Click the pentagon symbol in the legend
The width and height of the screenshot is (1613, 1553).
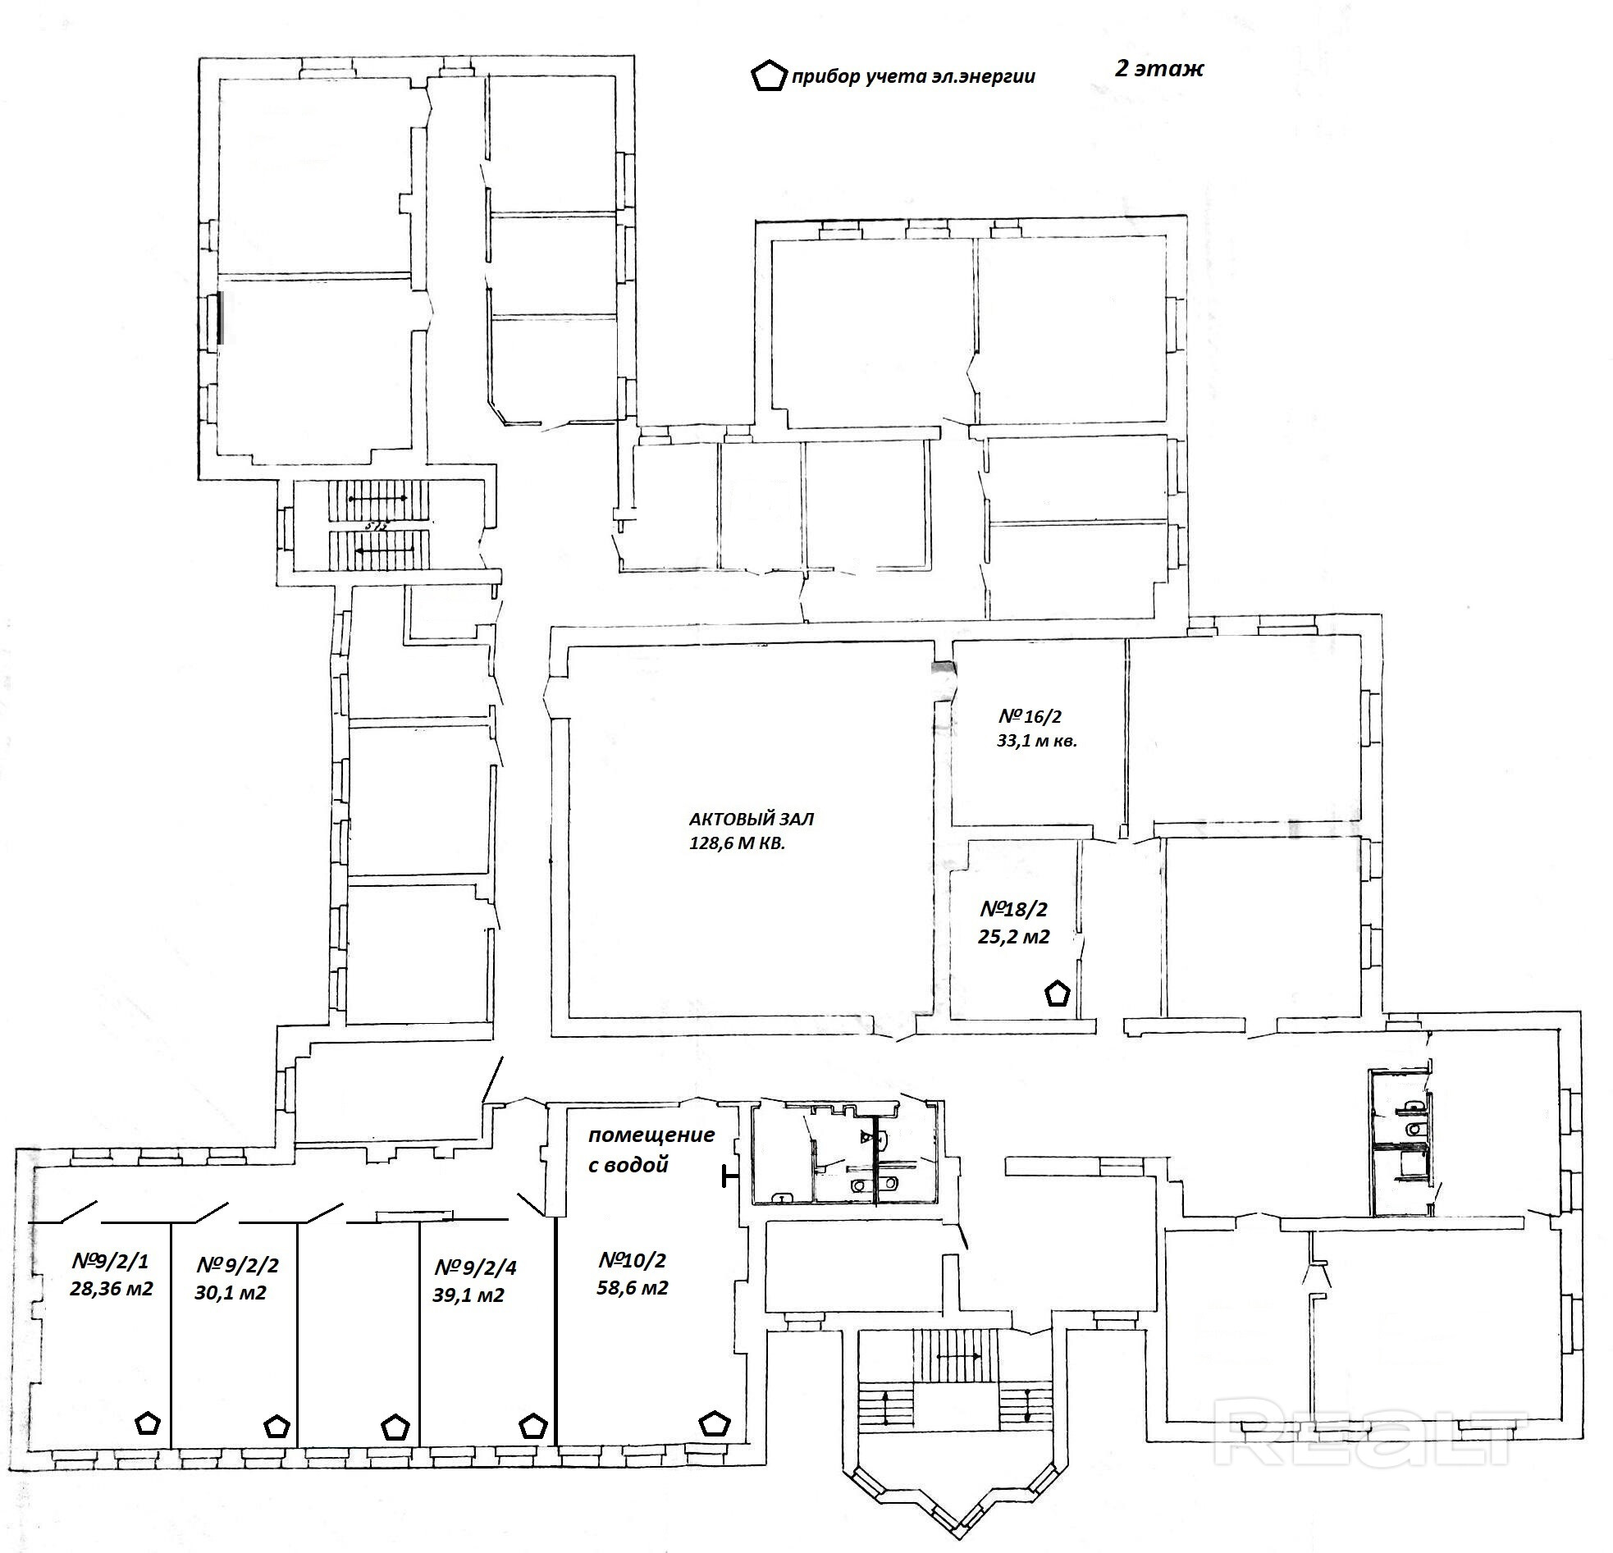769,76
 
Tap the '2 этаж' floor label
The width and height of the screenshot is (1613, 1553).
1158,69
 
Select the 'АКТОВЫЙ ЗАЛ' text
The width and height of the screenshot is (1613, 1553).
751,820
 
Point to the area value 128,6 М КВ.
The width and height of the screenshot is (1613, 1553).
737,843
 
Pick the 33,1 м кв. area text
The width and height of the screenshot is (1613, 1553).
1036,741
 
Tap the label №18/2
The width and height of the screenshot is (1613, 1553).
1014,910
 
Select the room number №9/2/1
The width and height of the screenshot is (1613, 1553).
110,1262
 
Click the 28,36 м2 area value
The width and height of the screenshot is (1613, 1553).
111,1289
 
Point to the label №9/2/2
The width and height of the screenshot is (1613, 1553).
238,1266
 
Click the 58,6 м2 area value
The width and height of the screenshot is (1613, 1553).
632,1288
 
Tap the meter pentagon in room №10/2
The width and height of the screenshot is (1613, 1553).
714,1424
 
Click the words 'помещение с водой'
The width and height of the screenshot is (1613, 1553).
650,1149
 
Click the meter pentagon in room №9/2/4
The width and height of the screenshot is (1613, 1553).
534,1426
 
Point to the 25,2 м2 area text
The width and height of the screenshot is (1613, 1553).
1013,937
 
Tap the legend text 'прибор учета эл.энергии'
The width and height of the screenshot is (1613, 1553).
912,78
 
